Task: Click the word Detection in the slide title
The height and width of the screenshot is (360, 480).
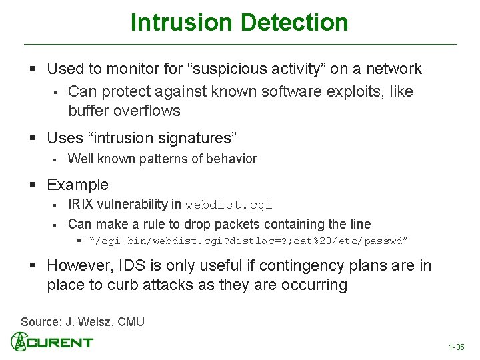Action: click(294, 22)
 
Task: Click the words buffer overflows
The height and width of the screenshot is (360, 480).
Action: click(124, 110)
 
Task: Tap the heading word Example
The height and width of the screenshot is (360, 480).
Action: click(77, 185)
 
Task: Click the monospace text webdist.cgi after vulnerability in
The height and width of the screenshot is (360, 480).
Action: click(229, 205)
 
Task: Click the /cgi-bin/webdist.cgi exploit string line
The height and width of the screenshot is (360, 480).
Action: click(250, 240)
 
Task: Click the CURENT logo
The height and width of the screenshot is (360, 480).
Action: click(52, 343)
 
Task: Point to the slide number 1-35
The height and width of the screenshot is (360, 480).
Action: click(456, 347)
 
